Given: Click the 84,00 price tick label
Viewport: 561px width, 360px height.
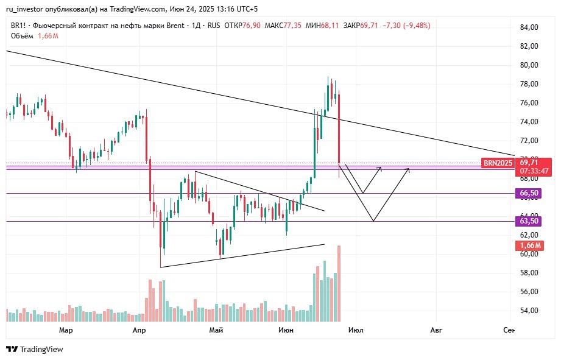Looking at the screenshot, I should pos(529,27).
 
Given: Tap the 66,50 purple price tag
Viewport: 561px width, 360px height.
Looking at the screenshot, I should pos(528,193).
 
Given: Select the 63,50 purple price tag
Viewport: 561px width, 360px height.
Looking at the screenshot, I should pos(528,221).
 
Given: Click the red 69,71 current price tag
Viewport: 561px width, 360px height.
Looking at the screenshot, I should pos(529,162).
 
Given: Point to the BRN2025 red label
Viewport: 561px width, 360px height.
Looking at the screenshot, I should pos(498,163).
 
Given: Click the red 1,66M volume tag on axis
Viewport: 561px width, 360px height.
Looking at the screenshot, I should pos(528,245).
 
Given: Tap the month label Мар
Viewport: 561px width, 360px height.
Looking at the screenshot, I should pos(66,330).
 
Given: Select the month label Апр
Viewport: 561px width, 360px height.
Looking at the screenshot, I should pos(139,330).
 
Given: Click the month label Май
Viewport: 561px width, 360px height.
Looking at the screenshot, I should pos(216,330).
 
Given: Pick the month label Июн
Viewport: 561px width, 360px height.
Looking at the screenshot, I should pos(286,330).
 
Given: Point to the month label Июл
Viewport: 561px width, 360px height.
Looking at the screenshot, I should pos(356,330).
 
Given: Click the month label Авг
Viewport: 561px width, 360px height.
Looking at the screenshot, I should pos(436,330).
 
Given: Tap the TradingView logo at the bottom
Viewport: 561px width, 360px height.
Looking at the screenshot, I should pos(35,350).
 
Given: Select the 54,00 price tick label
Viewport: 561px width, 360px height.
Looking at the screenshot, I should pos(529,311).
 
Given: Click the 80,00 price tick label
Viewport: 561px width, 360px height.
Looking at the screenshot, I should pos(529,65).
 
